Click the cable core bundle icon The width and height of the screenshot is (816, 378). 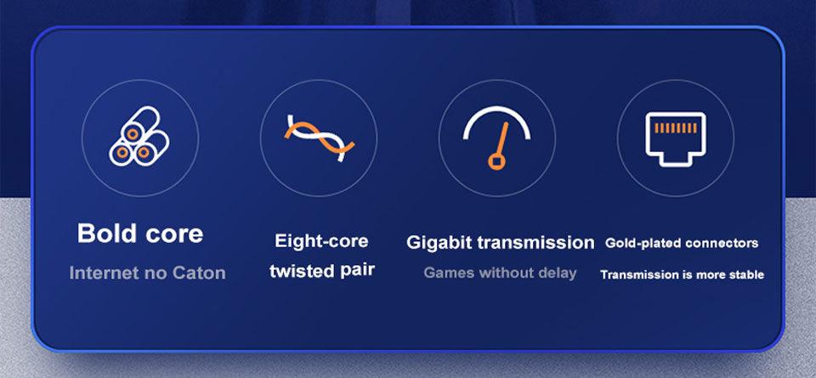[x=139, y=137]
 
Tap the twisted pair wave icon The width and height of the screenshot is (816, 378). [x=318, y=137]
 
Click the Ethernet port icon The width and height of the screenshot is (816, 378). [x=675, y=136]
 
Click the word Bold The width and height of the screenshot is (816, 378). [x=108, y=234]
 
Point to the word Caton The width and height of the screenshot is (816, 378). [x=195, y=273]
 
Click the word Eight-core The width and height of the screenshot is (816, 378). [x=321, y=241]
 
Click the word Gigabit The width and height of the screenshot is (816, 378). [x=439, y=243]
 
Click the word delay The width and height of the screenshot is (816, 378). [x=557, y=273]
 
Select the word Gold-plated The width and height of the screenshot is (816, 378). [x=643, y=244]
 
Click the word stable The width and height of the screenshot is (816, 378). [x=746, y=274]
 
